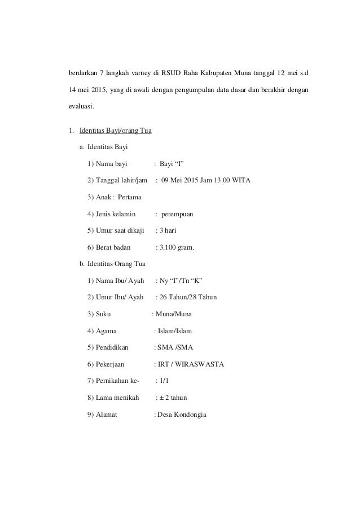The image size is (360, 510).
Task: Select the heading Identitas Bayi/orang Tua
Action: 115,132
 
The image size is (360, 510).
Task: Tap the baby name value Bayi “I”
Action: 172,164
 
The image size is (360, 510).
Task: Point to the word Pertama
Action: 130,198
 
